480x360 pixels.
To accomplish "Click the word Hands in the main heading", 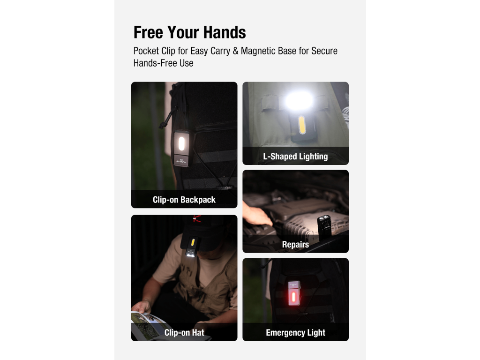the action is [x=225, y=32].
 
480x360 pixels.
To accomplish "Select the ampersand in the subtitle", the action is [x=235, y=51].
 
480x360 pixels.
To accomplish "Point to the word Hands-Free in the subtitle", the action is [x=155, y=63].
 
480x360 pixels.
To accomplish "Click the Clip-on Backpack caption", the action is [x=184, y=200].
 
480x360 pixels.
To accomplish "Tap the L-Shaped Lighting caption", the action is [x=295, y=157].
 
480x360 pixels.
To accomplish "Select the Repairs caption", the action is [x=295, y=245].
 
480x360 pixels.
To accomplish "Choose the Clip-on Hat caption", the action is [x=184, y=332].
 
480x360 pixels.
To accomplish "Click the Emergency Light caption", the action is [x=295, y=332].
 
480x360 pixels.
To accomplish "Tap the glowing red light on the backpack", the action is [x=293, y=297].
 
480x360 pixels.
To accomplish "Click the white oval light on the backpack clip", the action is [x=181, y=143].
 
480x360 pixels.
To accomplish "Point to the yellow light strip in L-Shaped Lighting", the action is [x=301, y=125].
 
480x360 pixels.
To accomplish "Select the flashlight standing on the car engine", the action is [x=324, y=225].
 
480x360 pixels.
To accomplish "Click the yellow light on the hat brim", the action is [x=193, y=243].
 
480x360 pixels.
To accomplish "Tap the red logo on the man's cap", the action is [x=197, y=218].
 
